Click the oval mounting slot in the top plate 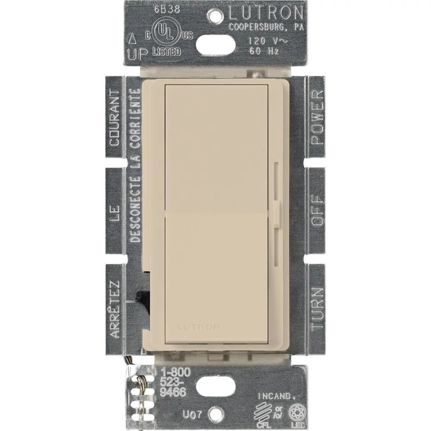(215, 44)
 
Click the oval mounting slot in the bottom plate (215, 386)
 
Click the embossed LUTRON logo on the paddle (205, 327)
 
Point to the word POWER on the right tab (316, 117)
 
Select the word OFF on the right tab (316, 210)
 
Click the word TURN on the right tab (316, 308)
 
